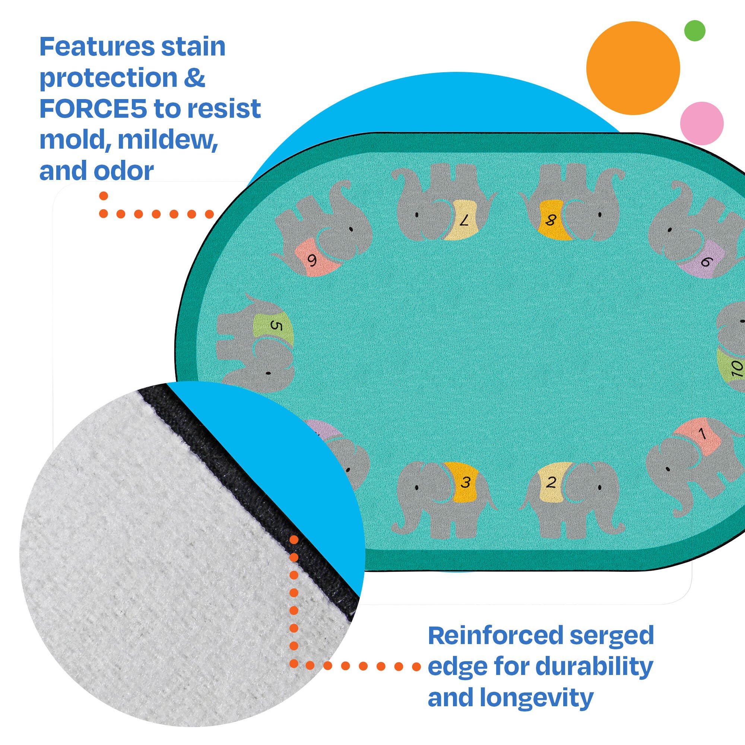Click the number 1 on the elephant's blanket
click(702, 434)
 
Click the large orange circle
click(633, 68)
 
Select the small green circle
click(695, 31)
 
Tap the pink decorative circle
click(702, 123)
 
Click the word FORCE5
click(93, 109)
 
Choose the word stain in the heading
click(193, 47)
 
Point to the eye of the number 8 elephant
click(600, 215)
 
